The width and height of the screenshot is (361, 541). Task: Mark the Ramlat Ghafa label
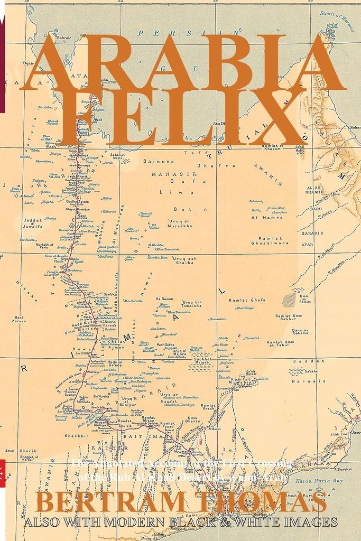[246, 300]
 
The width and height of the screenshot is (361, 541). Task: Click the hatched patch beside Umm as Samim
[289, 300]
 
